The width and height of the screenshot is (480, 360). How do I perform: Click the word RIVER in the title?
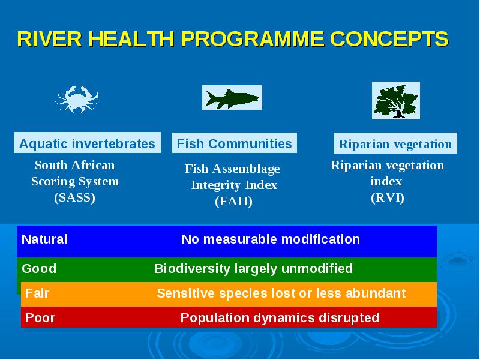pos(50,39)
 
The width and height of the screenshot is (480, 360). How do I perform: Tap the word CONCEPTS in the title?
pos(389,39)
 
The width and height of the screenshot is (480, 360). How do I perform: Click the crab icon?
pos(77,99)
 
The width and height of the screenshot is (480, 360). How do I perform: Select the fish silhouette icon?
pos(232,98)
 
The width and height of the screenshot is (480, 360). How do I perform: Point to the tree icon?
pos(396,100)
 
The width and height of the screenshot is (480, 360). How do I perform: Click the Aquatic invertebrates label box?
pos(88,143)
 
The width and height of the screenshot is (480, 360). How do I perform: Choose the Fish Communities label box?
pos(235,143)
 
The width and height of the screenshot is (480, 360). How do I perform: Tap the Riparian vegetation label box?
pos(395,143)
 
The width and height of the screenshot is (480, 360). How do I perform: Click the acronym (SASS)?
pos(74,198)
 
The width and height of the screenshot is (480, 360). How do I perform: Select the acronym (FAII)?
pos(233,202)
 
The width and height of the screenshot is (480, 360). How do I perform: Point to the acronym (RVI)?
pos(388,198)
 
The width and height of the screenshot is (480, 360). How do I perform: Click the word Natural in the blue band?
pos(44,239)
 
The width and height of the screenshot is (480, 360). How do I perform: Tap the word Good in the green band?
pos(39,269)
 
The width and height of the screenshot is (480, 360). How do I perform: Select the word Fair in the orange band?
pos(37,293)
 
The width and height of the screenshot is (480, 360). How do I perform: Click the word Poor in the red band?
pos(40,318)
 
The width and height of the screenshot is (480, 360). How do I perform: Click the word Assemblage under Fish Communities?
pos(246,169)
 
